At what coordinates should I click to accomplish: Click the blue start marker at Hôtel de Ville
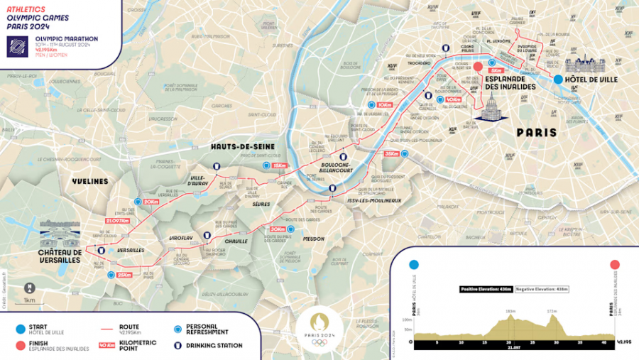click(558, 80)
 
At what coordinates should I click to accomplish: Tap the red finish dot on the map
click(479, 67)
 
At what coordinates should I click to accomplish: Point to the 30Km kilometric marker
click(277, 229)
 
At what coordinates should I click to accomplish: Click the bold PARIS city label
click(536, 133)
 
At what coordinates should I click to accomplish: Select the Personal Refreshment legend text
click(207, 329)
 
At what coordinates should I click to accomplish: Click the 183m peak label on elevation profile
click(510, 310)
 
